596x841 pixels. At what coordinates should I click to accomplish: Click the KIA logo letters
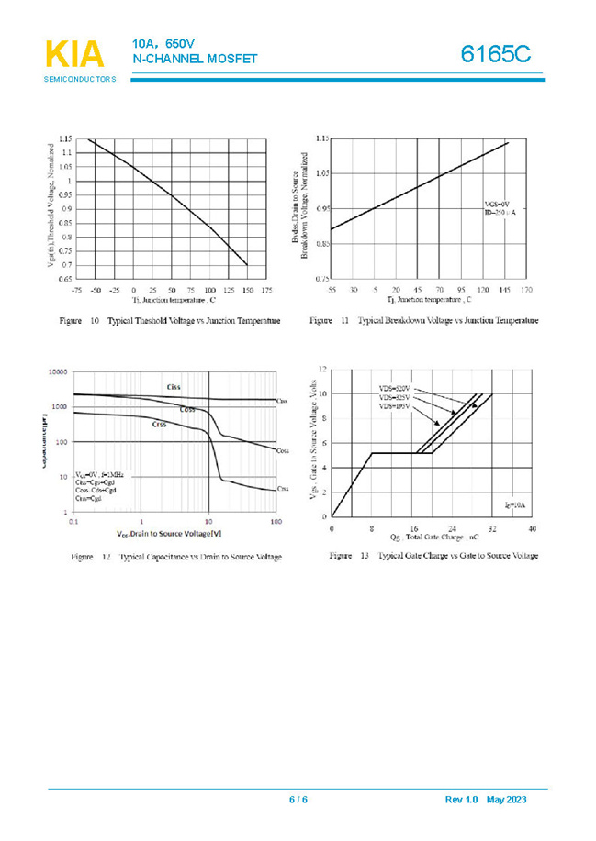[x=74, y=55]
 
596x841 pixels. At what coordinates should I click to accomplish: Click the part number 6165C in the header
[x=496, y=54]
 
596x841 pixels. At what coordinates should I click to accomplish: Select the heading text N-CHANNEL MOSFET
[x=195, y=60]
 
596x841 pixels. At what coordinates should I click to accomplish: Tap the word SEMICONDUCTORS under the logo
[x=80, y=80]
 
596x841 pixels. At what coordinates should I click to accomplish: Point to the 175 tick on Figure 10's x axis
[x=266, y=290]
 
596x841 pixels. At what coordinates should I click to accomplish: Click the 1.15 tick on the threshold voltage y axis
[x=64, y=139]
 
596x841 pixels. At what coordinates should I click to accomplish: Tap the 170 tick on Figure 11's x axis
[x=526, y=289]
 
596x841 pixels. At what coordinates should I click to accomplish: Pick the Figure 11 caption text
[x=424, y=321]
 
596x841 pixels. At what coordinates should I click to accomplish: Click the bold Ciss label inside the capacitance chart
[x=174, y=386]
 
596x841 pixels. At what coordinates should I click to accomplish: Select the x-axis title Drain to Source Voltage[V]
[x=170, y=533]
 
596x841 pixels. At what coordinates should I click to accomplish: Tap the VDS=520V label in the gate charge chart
[x=394, y=389]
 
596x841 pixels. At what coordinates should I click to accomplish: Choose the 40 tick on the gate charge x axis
[x=532, y=530]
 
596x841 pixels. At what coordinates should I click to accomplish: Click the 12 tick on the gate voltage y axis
[x=321, y=369]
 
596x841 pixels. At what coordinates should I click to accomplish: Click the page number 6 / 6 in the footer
[x=298, y=801]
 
